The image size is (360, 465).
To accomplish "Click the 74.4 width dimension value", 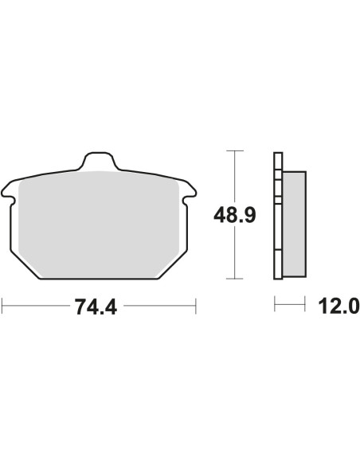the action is coord(96,307).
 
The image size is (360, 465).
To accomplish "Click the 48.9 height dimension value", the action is coord(235,215).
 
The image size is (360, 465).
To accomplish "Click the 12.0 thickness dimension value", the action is coord(338,306).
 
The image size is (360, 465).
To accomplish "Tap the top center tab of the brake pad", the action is coord(99,161).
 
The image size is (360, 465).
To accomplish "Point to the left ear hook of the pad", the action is coord(8,192).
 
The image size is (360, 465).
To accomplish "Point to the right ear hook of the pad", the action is coord(189,192).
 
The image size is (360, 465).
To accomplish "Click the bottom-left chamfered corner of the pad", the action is coord(25,265).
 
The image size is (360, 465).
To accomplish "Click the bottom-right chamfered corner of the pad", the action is coord(173,265).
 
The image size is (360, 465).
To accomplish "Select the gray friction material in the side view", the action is coord(294,224).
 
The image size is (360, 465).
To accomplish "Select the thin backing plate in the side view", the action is coord(278,216).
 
